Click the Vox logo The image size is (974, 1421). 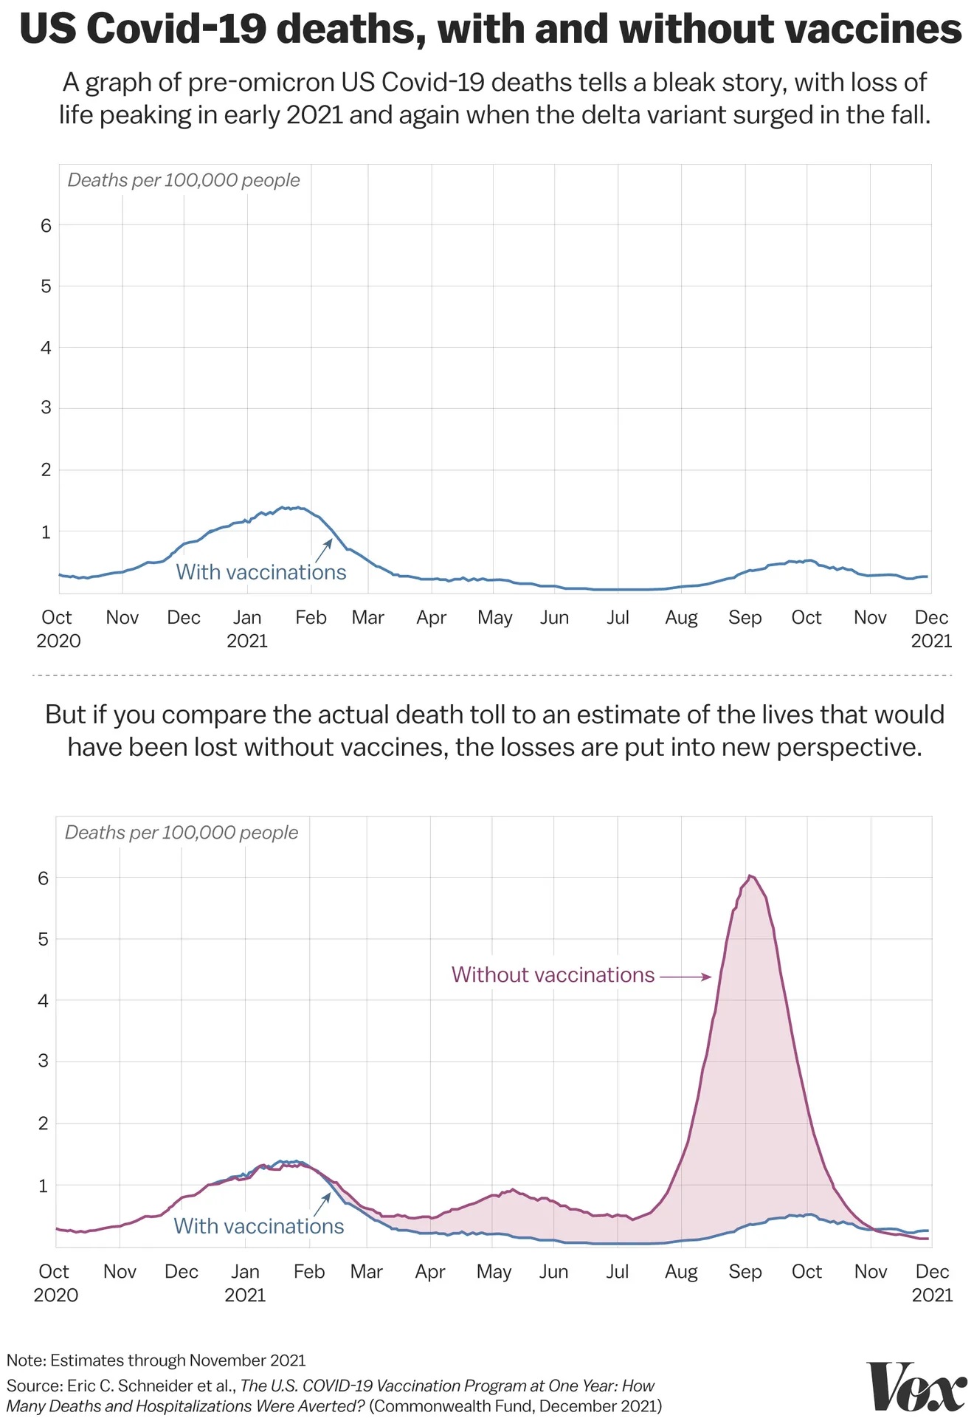[916, 1387]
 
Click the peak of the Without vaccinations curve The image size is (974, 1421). [750, 876]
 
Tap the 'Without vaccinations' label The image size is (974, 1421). [553, 975]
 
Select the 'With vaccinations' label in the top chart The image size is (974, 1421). [260, 572]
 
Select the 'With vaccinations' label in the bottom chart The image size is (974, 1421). [258, 1226]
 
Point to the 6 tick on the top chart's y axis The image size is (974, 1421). [46, 225]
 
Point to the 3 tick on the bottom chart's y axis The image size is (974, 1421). [44, 1062]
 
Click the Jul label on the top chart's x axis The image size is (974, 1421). [618, 617]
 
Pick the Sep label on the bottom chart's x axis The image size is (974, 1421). [745, 1271]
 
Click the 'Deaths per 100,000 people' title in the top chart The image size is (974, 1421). [184, 180]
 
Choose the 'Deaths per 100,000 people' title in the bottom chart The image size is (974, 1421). [182, 833]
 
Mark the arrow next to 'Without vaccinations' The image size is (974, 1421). [685, 977]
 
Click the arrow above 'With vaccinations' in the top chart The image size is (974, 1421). [323, 550]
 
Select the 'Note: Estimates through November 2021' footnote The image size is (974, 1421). [156, 1360]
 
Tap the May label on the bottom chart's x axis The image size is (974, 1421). [494, 1271]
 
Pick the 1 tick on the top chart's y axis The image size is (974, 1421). [46, 531]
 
